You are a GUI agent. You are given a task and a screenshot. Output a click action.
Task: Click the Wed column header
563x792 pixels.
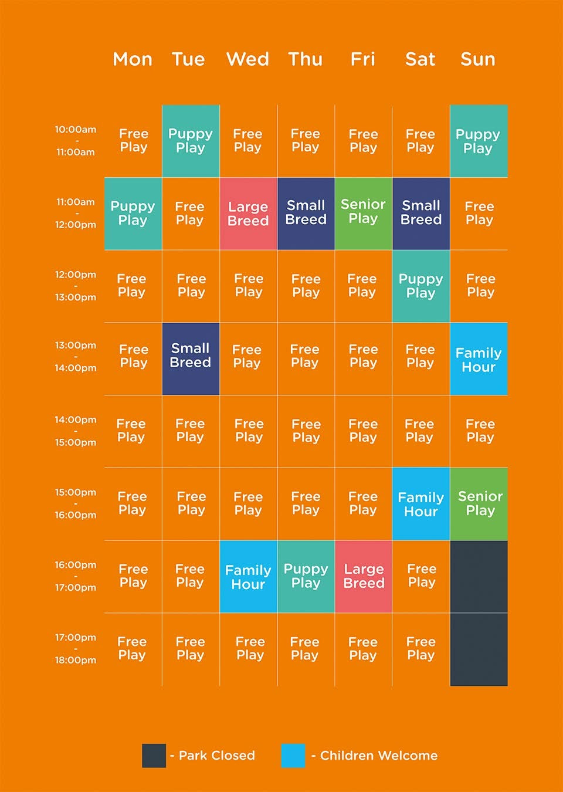pyautogui.click(x=247, y=59)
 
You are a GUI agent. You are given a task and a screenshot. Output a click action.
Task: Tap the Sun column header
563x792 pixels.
pyautogui.click(x=478, y=59)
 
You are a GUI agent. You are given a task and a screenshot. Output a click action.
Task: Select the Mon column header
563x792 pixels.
pyautogui.click(x=133, y=59)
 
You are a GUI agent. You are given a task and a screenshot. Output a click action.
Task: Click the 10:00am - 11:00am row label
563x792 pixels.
pyautogui.click(x=76, y=141)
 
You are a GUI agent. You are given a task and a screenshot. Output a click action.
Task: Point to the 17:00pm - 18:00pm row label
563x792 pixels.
pyautogui.click(x=76, y=649)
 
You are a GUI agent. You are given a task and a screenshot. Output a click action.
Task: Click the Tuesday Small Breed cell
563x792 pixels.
pyautogui.click(x=191, y=359)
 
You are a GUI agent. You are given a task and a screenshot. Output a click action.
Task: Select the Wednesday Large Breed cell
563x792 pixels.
pyautogui.click(x=249, y=214)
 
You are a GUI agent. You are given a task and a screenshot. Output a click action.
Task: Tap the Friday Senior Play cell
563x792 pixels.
pyautogui.click(x=364, y=214)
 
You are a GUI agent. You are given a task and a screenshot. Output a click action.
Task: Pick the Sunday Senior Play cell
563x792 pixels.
pyautogui.click(x=479, y=504)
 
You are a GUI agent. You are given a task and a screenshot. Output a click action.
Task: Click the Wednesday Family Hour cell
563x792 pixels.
pyautogui.click(x=249, y=576)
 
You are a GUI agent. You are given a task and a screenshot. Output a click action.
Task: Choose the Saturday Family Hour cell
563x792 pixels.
pyautogui.click(x=421, y=504)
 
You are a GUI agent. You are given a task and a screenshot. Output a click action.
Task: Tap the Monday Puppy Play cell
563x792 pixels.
pyautogui.click(x=133, y=214)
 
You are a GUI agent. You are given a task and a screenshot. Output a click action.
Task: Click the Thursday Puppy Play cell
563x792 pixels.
pyautogui.click(x=306, y=576)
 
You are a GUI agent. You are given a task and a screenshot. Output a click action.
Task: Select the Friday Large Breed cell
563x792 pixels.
pyautogui.click(x=364, y=576)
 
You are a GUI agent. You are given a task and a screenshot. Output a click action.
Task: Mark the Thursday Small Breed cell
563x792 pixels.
pyautogui.click(x=306, y=214)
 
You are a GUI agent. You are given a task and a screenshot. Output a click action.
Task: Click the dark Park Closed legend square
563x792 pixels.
pyautogui.click(x=154, y=756)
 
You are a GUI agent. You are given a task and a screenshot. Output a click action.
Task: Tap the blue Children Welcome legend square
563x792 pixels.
pyautogui.click(x=293, y=756)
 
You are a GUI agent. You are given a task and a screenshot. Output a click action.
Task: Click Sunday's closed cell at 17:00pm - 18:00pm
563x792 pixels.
pyautogui.click(x=479, y=649)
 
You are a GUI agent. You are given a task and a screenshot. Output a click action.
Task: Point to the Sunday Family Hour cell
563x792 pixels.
pyautogui.click(x=479, y=359)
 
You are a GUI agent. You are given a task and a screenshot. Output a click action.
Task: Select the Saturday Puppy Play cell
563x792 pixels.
pyautogui.click(x=421, y=286)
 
